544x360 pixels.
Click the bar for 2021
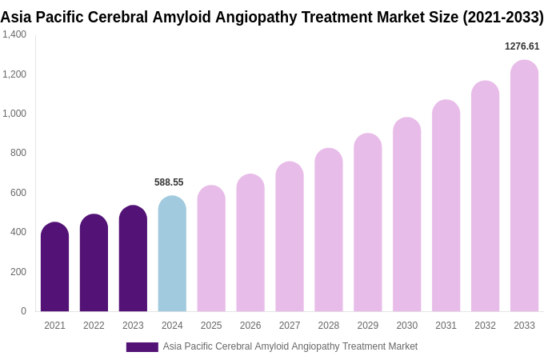[x=54, y=267]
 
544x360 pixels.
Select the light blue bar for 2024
[x=172, y=254]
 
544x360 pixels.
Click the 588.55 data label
[x=169, y=182]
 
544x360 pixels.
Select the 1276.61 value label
[x=522, y=46]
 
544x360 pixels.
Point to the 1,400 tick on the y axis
[x=14, y=34]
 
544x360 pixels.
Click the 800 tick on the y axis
[x=18, y=153]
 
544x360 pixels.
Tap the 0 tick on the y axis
[x=23, y=311]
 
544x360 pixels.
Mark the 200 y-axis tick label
[x=18, y=272]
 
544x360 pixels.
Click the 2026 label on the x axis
[x=250, y=326]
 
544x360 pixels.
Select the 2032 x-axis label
[x=485, y=326]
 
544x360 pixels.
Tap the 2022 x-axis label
[x=94, y=326]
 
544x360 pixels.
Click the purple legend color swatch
[x=142, y=347]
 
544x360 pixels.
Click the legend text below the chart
[x=290, y=346]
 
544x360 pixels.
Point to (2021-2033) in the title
[x=502, y=17]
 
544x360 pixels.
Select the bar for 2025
[x=211, y=249]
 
